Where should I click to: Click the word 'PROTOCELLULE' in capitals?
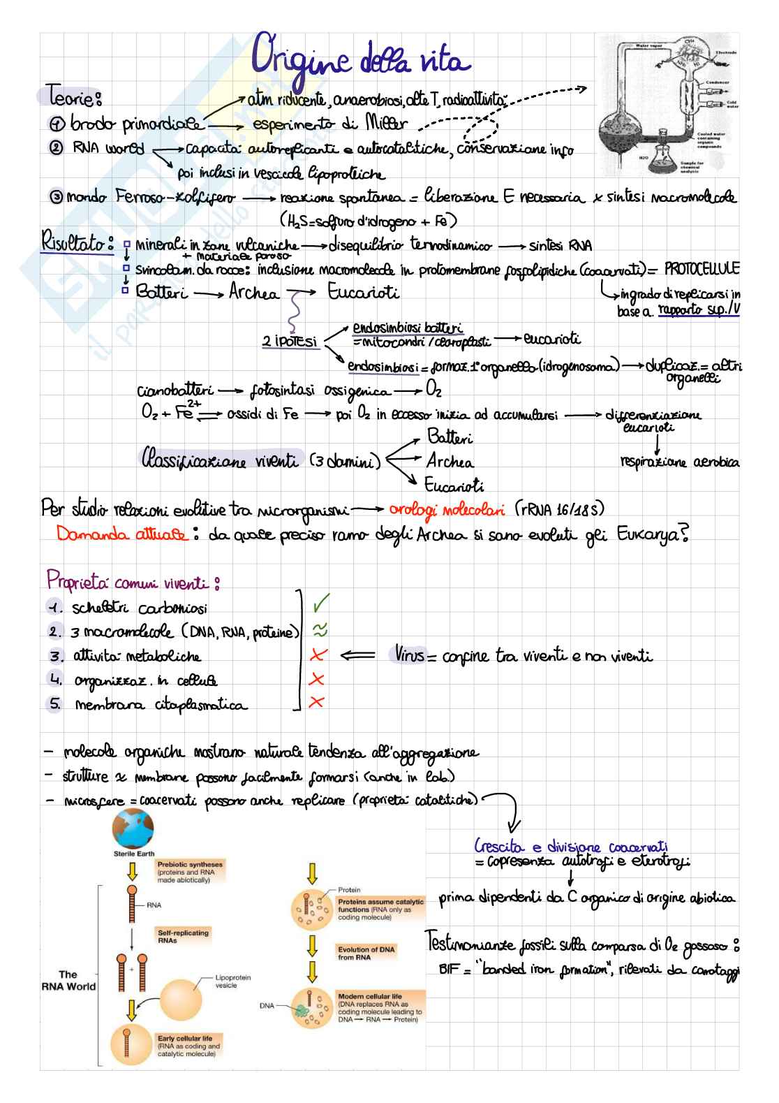[699, 269]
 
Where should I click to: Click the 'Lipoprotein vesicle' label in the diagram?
[233, 981]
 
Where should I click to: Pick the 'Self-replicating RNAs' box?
[183, 936]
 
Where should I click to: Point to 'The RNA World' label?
[68, 980]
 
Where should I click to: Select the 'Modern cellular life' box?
[378, 1007]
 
